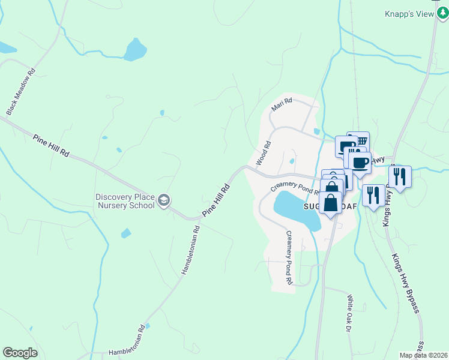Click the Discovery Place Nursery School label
[125, 201]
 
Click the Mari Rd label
[281, 105]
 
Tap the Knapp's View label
[409, 14]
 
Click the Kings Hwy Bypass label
[405, 283]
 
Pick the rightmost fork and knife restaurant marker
[399, 177]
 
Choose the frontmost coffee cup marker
[360, 163]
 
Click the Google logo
[20, 353]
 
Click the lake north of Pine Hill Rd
[135, 50]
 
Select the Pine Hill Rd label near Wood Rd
[216, 200]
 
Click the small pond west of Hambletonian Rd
[125, 233]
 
